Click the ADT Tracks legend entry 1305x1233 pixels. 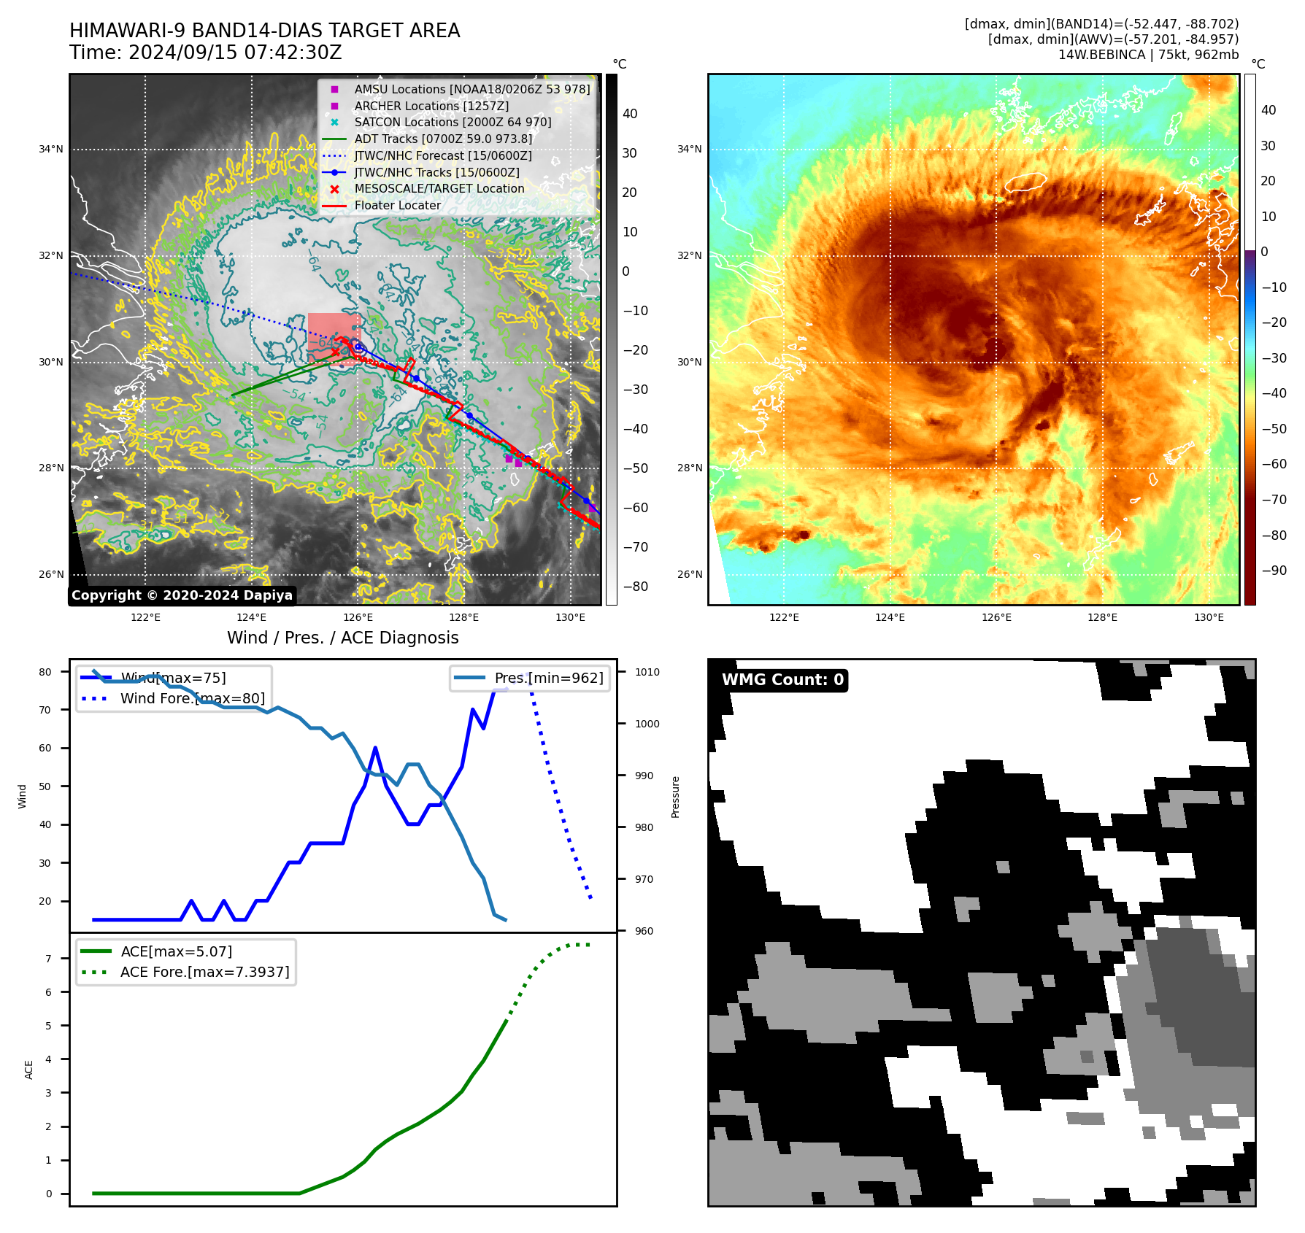pos(442,139)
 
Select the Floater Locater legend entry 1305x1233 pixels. pos(397,206)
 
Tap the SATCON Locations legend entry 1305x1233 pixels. pos(452,122)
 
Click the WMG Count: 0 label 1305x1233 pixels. pos(782,680)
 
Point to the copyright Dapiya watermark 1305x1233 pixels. pos(182,595)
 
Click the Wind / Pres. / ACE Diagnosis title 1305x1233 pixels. pos(342,638)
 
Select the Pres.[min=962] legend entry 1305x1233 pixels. pos(548,678)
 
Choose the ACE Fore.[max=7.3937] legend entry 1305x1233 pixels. pos(204,972)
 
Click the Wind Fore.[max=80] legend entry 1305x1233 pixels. pos(192,698)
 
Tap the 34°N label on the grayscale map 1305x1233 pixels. pos(51,150)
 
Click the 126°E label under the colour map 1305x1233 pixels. pos(996,617)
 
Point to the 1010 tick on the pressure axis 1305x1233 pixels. pos(647,672)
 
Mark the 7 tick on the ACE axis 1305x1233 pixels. pos(49,958)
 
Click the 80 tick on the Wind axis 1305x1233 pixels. pos(45,672)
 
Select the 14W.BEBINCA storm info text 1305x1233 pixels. pos(1148,55)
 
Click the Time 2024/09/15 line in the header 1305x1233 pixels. pos(205,53)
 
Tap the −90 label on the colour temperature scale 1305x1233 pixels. pos(1274,571)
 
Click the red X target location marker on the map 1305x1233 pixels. pos(335,352)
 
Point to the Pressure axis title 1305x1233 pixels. pos(675,797)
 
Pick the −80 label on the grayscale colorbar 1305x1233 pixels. pos(635,587)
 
